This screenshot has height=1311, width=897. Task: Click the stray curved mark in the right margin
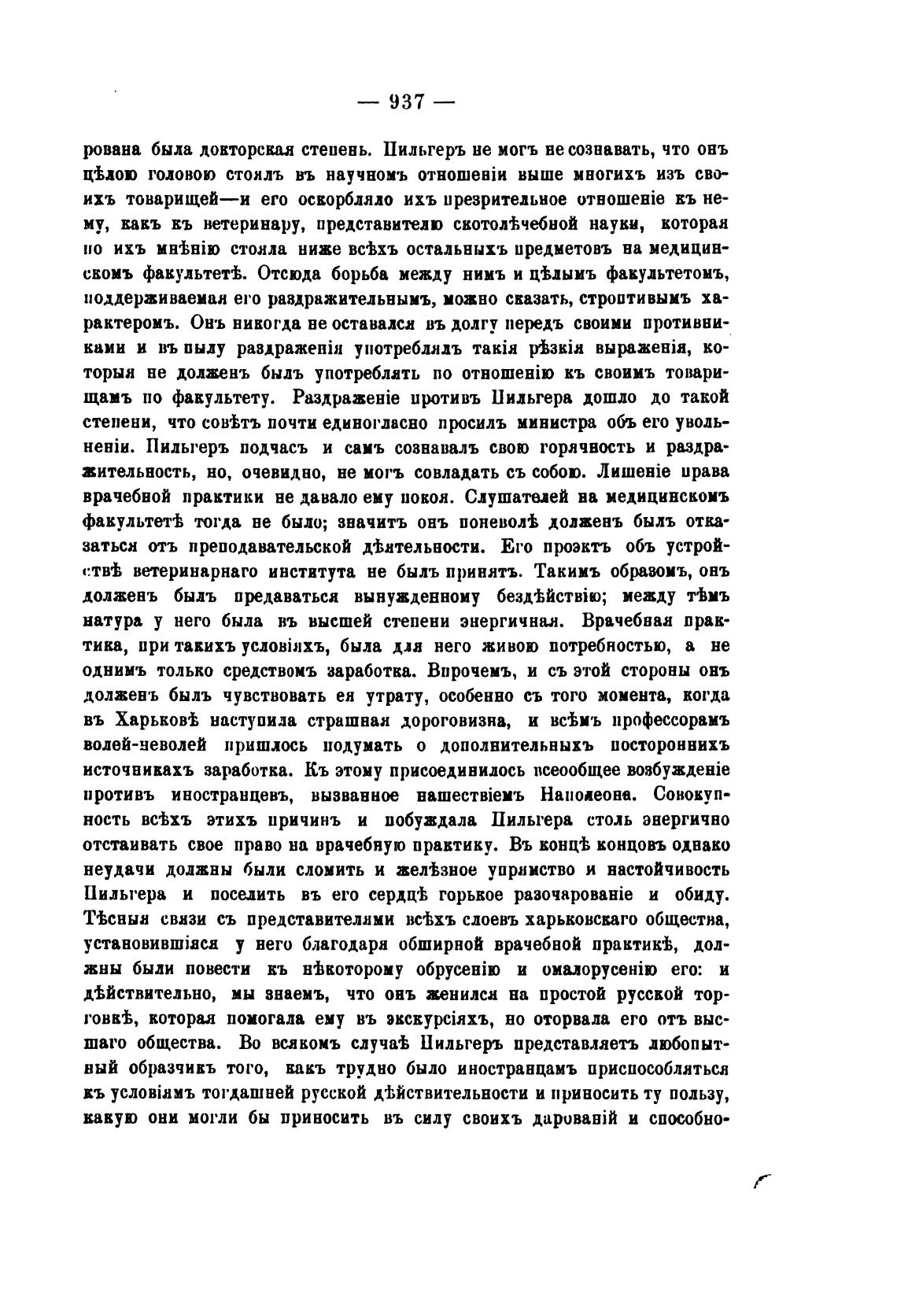coord(761,1178)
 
